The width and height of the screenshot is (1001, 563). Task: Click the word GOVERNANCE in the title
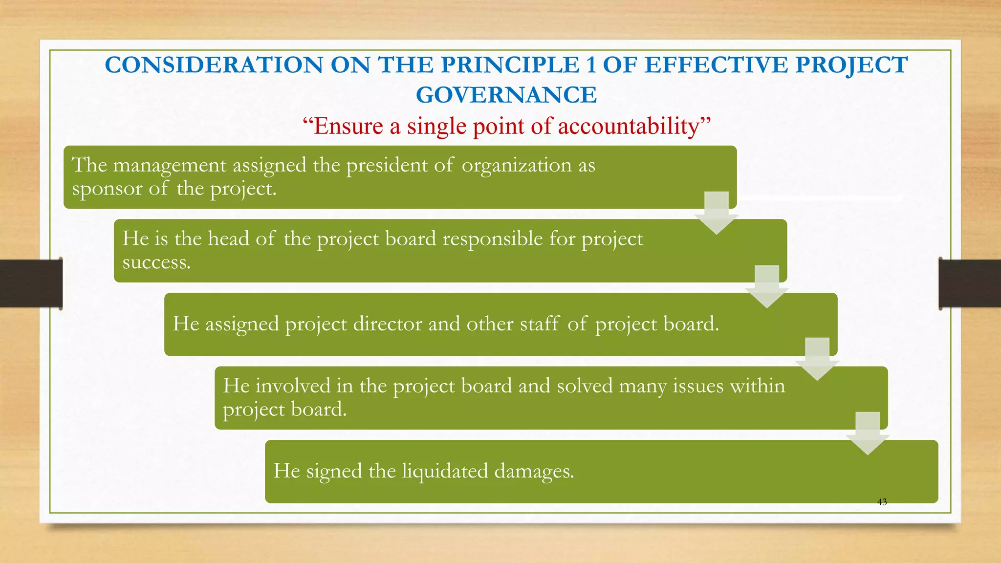pyautogui.click(x=506, y=95)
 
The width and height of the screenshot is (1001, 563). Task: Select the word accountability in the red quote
pyautogui.click(x=629, y=126)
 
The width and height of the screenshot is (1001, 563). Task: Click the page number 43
pyautogui.click(x=882, y=502)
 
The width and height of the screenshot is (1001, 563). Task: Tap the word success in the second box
pyautogui.click(x=156, y=262)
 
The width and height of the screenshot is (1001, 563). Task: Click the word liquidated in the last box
pyautogui.click(x=445, y=471)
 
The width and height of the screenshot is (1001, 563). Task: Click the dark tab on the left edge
pyautogui.click(x=31, y=283)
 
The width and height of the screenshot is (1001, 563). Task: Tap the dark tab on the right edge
pyautogui.click(x=970, y=283)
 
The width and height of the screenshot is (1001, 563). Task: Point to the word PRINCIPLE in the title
pyautogui.click(x=510, y=65)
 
